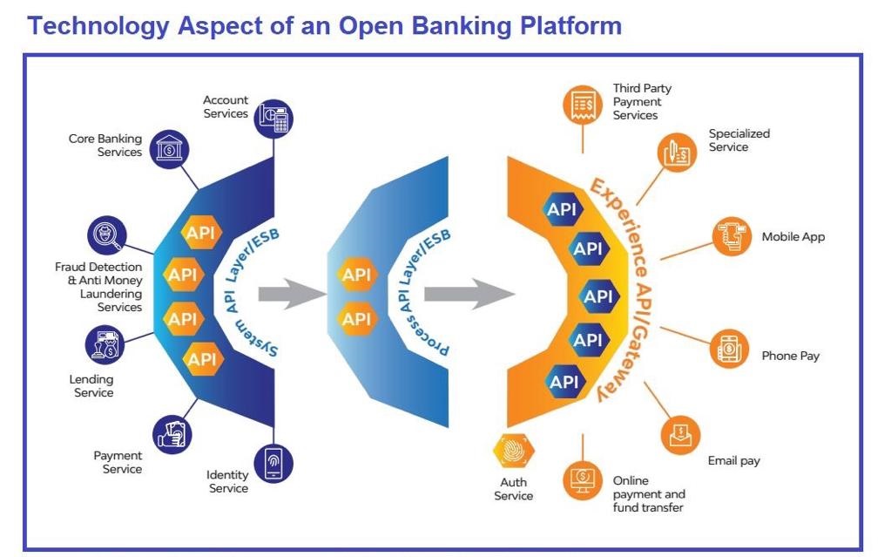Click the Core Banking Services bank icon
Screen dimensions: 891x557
pyautogui.click(x=169, y=148)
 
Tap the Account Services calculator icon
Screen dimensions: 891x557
pyautogui.click(x=273, y=119)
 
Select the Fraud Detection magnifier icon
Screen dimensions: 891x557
pyautogui.click(x=107, y=235)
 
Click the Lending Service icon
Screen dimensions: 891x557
pyautogui.click(x=105, y=345)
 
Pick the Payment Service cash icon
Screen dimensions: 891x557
pyautogui.click(x=172, y=435)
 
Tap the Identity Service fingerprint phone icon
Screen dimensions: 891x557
pyautogui.click(x=273, y=463)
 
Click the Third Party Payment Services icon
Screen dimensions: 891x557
pyautogui.click(x=583, y=105)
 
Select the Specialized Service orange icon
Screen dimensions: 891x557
pyautogui.click(x=677, y=153)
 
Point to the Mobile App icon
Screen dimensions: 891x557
pyautogui.click(x=732, y=236)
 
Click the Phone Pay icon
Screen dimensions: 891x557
pyautogui.click(x=730, y=349)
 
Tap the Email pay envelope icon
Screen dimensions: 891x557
pyautogui.click(x=680, y=435)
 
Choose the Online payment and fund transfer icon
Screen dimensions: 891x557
pyautogui.click(x=583, y=479)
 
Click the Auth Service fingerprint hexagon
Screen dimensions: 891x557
pyautogui.click(x=514, y=451)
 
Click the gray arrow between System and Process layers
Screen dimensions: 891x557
pyautogui.click(x=292, y=294)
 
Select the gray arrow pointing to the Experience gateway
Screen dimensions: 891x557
pyautogui.click(x=469, y=294)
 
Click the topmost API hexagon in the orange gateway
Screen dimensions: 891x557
pyautogui.click(x=562, y=209)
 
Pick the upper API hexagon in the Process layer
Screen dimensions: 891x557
pyautogui.click(x=357, y=275)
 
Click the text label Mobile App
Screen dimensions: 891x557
pyautogui.click(x=793, y=237)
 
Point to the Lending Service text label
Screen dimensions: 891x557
pyautogui.click(x=91, y=386)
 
